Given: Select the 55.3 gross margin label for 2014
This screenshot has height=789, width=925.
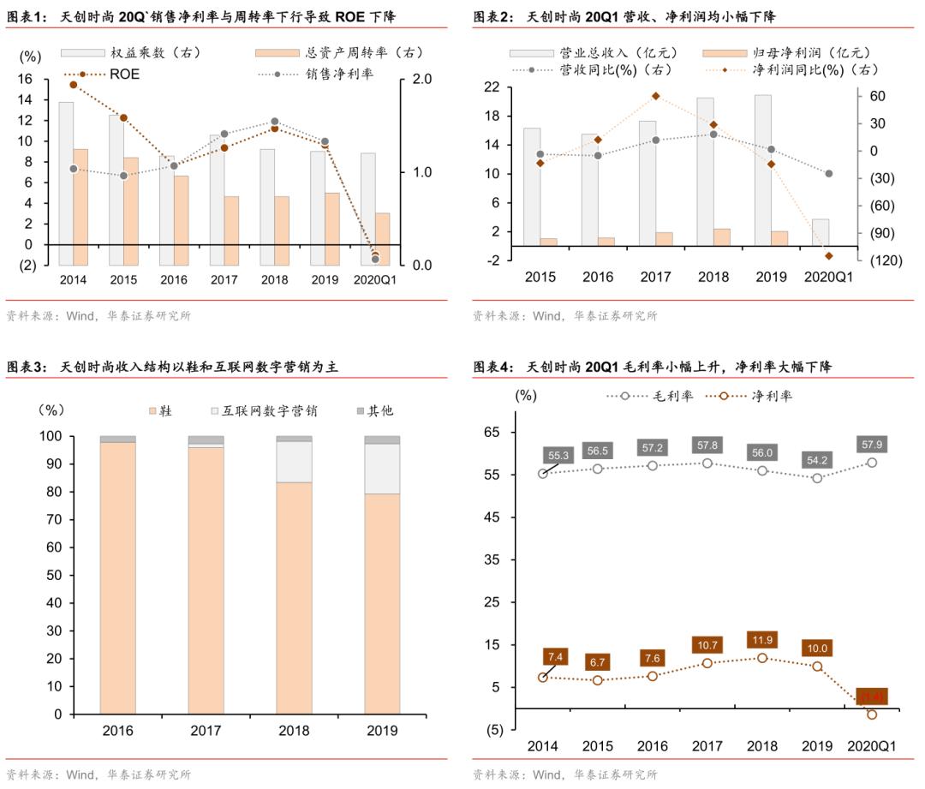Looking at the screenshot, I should click(x=557, y=456).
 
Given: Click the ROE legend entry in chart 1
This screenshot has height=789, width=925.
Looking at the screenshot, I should click(x=123, y=75).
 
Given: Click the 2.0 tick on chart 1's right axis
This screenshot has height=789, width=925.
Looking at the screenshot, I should click(x=422, y=79).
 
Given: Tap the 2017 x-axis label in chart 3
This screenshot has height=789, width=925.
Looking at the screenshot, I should click(x=206, y=731).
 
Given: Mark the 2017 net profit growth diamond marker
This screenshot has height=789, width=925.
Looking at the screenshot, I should click(x=655, y=96).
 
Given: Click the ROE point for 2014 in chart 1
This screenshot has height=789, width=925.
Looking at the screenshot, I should click(x=74, y=85).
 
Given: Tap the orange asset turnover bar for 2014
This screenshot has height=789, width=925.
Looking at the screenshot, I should click(x=81, y=206).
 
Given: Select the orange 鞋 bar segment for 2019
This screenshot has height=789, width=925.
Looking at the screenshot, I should click(x=381, y=603).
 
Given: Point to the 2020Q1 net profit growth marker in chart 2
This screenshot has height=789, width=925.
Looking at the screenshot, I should click(x=828, y=256).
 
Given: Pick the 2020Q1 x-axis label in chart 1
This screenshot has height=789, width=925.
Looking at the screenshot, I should click(x=375, y=279).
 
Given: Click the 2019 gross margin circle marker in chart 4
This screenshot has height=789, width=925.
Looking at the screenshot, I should click(x=817, y=478).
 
